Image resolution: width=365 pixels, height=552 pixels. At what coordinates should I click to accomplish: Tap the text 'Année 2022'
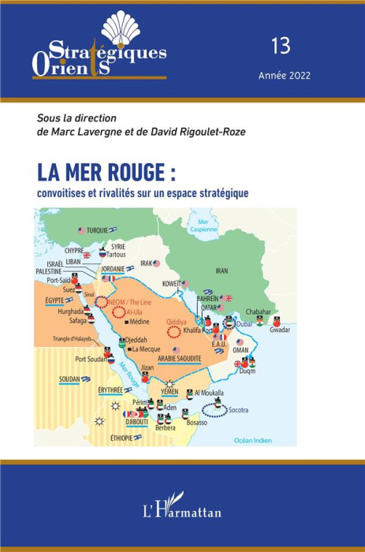tap(284, 76)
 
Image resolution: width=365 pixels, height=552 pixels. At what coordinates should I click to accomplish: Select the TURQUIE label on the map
tap(98, 229)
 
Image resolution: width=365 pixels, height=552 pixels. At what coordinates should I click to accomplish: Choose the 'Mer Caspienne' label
tap(210, 227)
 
